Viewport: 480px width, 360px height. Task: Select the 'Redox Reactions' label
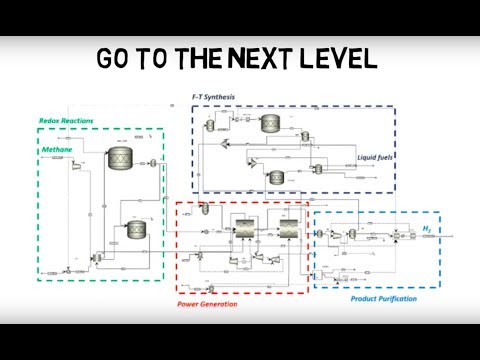(x=65, y=121)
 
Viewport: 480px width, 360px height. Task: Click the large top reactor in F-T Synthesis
(x=270, y=124)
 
